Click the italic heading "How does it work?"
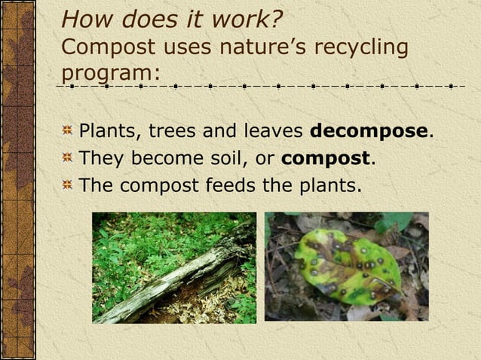[x=172, y=17]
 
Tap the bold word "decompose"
[x=369, y=131]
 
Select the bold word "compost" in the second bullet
[x=325, y=158]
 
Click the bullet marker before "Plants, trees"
[x=67, y=132]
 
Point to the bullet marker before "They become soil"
[x=67, y=159]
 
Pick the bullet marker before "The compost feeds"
[x=67, y=185]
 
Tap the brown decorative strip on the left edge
[x=15, y=180]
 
